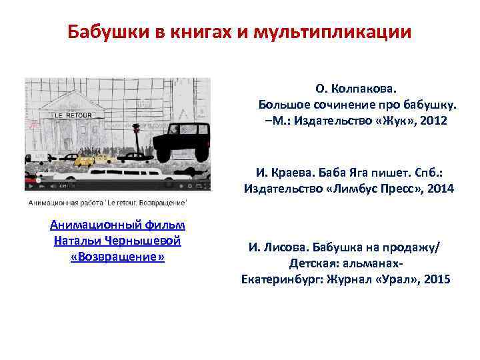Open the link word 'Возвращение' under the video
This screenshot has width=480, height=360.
pos(117,257)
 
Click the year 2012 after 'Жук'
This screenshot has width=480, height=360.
pos(433,121)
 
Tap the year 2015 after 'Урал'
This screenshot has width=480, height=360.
pos(437,279)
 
